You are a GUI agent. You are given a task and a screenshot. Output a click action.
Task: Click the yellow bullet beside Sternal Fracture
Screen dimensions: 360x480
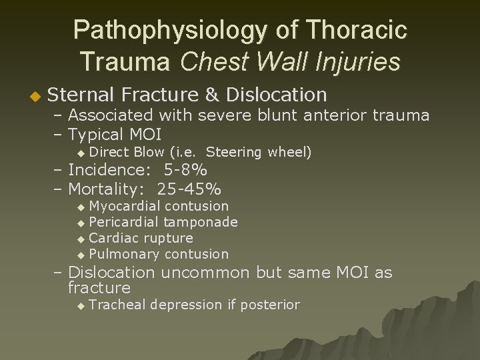pyautogui.click(x=26, y=97)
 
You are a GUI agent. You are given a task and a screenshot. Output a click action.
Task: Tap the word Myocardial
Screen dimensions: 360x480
pyautogui.click(x=125, y=206)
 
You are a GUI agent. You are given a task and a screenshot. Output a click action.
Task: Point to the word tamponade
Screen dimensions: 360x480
pyautogui.click(x=201, y=222)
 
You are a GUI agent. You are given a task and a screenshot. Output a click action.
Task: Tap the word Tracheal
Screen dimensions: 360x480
pyautogui.click(x=118, y=305)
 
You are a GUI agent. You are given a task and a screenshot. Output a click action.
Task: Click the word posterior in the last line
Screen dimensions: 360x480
pyautogui.click(x=269, y=305)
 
